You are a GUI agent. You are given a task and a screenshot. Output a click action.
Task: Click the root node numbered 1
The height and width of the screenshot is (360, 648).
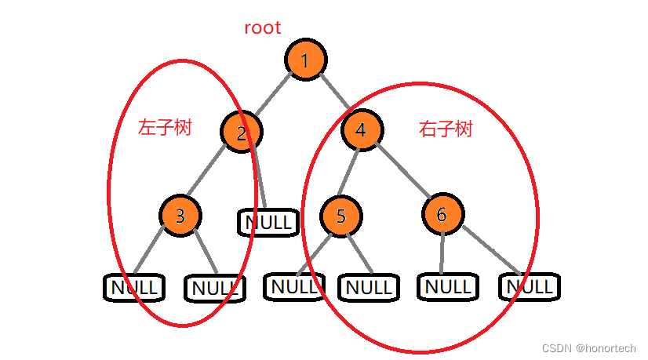tap(306, 60)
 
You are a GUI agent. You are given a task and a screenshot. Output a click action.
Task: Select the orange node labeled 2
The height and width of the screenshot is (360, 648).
tap(242, 133)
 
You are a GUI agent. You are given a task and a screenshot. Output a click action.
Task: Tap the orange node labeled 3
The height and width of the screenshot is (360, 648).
tap(180, 215)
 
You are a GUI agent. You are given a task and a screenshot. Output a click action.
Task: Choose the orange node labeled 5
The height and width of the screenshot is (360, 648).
tap(341, 216)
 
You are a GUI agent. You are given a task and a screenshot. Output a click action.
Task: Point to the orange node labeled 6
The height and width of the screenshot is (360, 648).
tap(442, 214)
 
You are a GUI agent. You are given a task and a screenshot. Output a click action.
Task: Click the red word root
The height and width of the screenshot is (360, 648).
tap(263, 27)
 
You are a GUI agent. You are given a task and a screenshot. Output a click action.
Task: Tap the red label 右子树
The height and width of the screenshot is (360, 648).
tap(446, 129)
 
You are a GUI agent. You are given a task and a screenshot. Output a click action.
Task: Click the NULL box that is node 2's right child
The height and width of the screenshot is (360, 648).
tap(268, 223)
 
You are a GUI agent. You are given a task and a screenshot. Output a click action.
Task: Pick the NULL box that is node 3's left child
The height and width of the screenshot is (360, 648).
tap(134, 287)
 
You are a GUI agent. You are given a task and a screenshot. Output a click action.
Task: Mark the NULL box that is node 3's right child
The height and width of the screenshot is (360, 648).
tap(214, 289)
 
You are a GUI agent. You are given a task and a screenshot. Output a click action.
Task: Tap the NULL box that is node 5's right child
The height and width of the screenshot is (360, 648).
tap(369, 288)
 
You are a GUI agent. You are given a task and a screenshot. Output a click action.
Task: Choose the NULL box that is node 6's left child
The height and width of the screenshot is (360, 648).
tap(447, 286)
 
